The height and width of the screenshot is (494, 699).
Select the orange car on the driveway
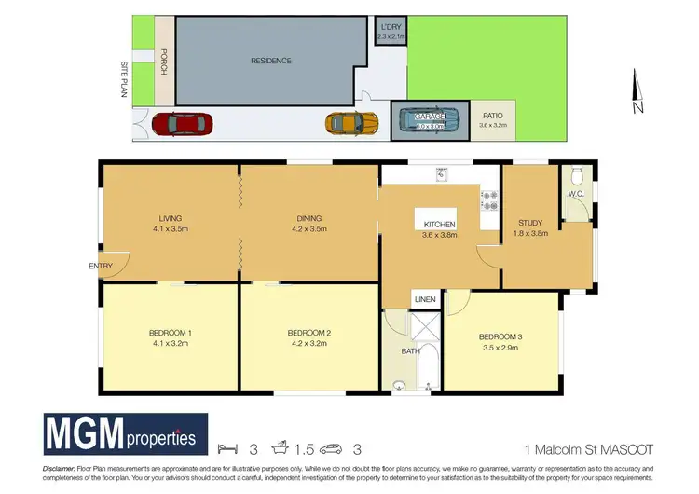(351, 123)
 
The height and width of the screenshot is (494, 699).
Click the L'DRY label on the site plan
(391, 28)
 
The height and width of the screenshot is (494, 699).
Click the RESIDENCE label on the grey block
(271, 61)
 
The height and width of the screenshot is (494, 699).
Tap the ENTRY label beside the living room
(102, 266)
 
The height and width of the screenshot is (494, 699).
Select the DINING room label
(307, 218)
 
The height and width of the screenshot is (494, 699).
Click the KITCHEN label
(440, 226)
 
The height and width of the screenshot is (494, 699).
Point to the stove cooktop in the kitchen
(489, 202)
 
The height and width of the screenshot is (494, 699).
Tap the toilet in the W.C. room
(577, 175)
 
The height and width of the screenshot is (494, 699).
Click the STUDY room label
(531, 222)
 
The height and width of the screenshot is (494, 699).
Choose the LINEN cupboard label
(425, 299)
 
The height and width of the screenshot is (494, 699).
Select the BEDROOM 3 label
(500, 336)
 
